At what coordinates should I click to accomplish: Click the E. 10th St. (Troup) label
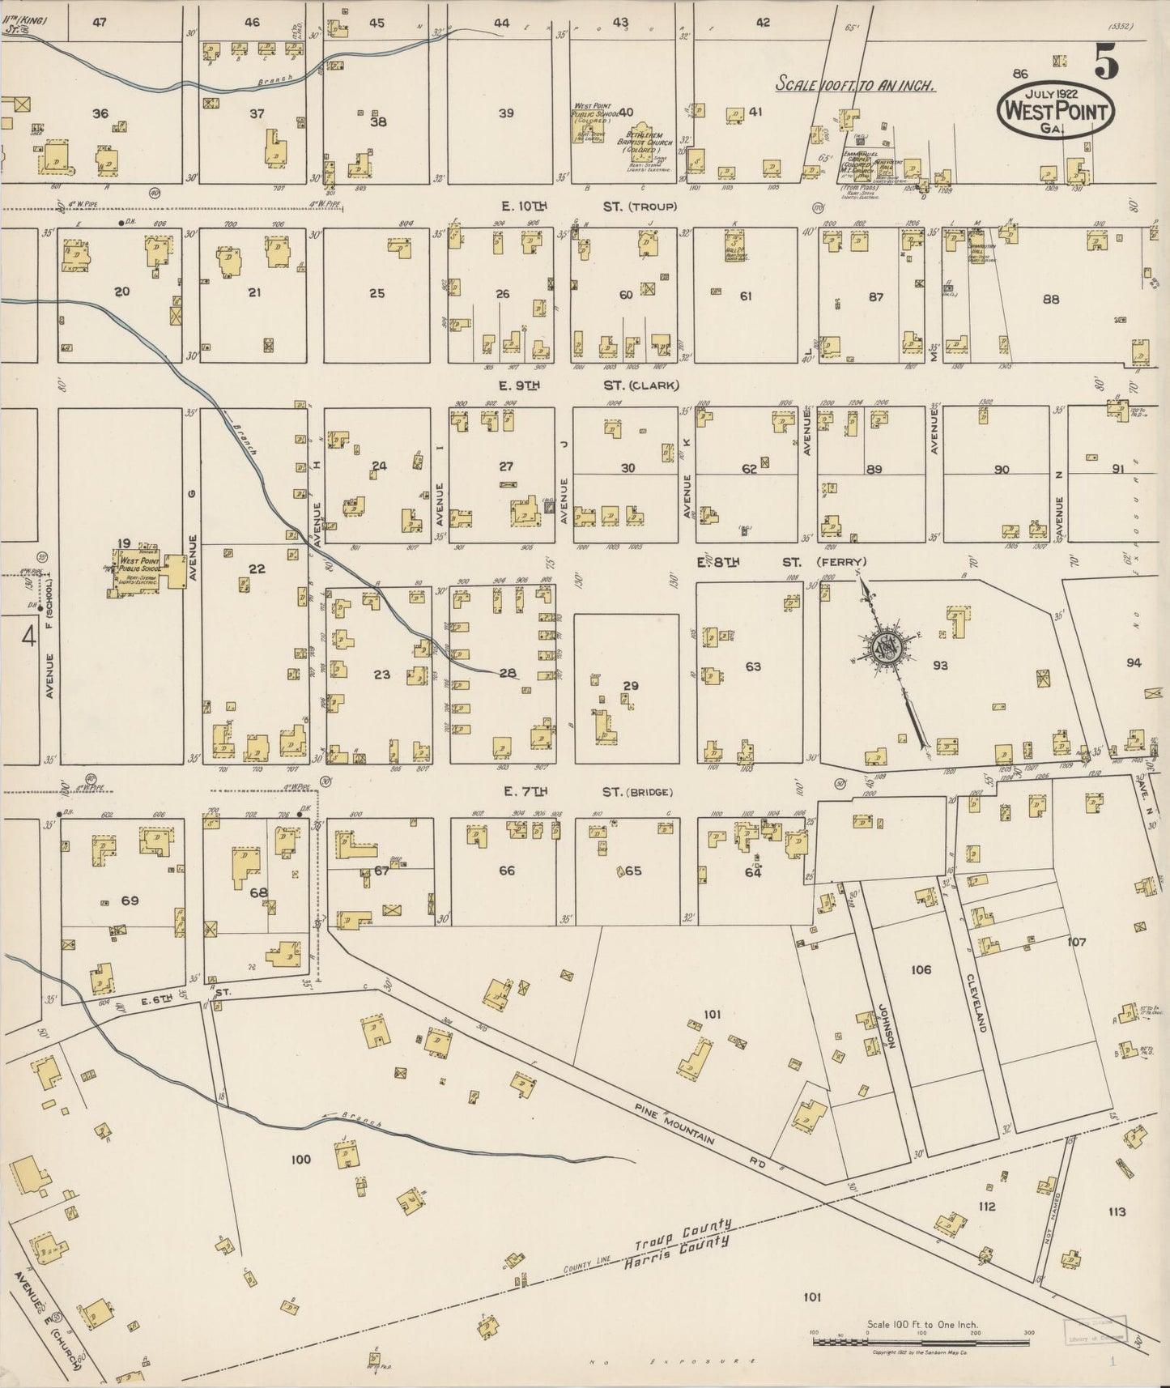(588, 207)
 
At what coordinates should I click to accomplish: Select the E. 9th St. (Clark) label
(589, 385)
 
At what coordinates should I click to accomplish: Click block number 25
(377, 293)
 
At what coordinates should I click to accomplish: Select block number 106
(921, 969)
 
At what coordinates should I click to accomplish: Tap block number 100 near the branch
(300, 1160)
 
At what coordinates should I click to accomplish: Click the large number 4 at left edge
(28, 638)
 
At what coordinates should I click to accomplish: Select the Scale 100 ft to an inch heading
(856, 84)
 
